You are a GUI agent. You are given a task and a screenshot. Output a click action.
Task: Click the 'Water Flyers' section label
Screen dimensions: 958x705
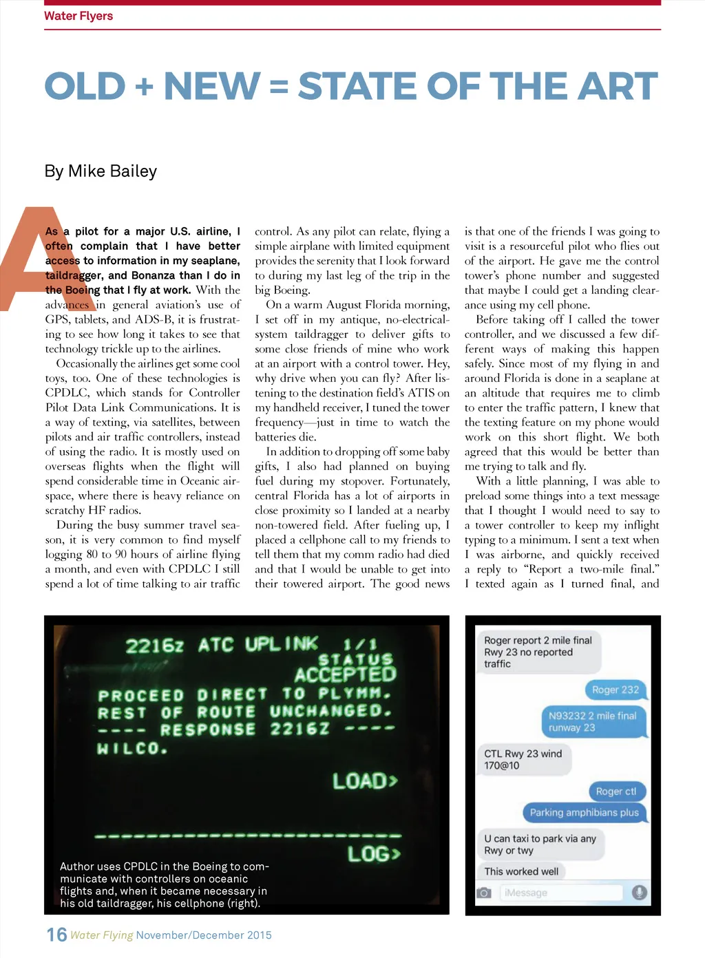(x=78, y=16)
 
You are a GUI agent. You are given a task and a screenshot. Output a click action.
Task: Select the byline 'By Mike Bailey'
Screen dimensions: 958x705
(x=101, y=171)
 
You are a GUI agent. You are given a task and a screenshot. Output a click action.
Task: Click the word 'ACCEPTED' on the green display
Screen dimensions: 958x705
(x=345, y=674)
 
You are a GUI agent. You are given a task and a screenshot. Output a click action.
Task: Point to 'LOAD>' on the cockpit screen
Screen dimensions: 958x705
(x=365, y=781)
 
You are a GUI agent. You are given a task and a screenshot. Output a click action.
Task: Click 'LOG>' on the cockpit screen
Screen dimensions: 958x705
(x=373, y=854)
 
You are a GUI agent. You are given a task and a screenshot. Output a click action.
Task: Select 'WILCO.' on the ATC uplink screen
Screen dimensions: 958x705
(x=132, y=748)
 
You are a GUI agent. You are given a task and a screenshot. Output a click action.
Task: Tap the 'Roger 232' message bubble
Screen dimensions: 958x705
(x=615, y=690)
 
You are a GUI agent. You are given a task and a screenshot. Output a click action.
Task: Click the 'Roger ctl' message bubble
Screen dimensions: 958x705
(x=616, y=791)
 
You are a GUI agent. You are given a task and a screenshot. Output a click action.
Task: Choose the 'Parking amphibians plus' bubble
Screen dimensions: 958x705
(x=584, y=813)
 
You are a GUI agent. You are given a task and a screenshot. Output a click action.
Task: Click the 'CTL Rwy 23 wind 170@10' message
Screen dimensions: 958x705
(x=523, y=759)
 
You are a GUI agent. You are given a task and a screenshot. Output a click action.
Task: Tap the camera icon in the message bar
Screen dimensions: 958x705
(x=484, y=893)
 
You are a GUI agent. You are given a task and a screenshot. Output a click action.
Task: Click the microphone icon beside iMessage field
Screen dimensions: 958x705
(x=640, y=893)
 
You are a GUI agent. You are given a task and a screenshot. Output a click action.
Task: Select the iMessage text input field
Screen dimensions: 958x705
(x=561, y=893)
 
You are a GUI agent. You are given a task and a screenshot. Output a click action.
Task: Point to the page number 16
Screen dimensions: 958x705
(x=56, y=935)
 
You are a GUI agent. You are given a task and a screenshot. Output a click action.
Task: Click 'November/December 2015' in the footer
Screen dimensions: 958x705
(x=204, y=935)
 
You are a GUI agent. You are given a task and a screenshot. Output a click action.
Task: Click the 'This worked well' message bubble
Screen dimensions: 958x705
(x=521, y=871)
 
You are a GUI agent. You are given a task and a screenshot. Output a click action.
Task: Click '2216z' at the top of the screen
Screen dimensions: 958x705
(x=155, y=646)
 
